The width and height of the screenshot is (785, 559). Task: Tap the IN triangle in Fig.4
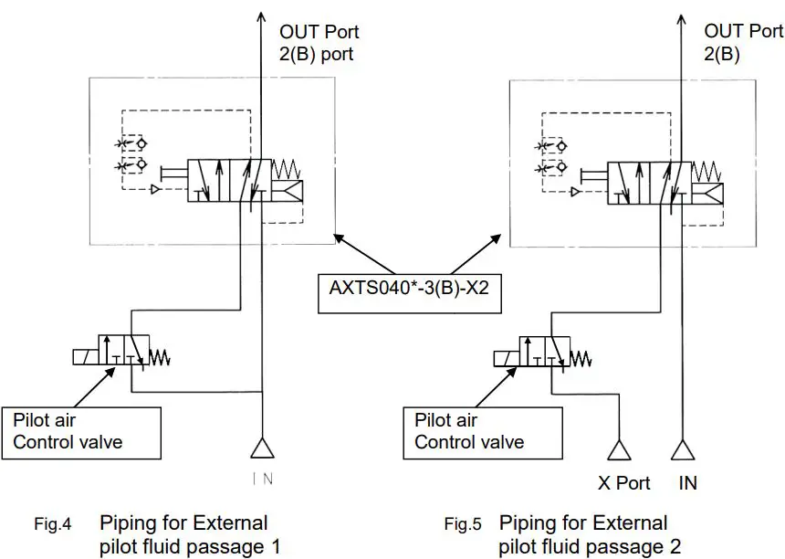click(x=262, y=449)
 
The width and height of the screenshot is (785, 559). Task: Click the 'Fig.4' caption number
click(x=52, y=524)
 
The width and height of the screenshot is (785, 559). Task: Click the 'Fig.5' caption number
click(x=462, y=524)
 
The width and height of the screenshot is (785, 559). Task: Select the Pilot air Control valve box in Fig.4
click(x=82, y=432)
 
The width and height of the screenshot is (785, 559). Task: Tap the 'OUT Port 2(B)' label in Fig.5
click(x=743, y=43)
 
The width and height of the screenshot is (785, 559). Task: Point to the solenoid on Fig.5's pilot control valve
click(x=505, y=357)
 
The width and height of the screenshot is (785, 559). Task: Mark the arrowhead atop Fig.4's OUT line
click(x=261, y=15)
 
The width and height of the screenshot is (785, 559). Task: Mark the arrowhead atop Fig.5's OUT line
click(x=681, y=15)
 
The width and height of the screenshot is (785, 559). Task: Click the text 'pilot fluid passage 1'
click(x=189, y=547)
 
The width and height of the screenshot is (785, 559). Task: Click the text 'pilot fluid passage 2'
click(x=590, y=547)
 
